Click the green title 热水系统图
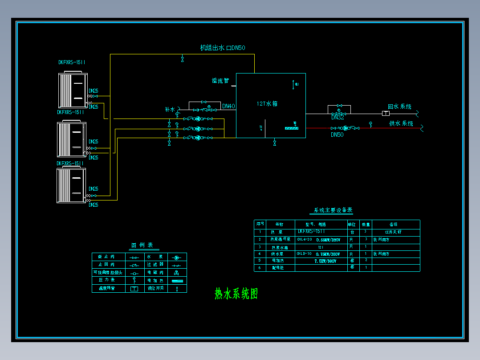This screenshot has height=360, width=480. click(x=236, y=294)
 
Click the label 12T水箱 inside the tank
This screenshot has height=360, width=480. click(x=267, y=103)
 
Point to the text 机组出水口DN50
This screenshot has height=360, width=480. click(x=223, y=48)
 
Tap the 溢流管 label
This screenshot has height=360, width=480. click(x=220, y=81)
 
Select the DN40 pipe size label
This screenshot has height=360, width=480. click(x=228, y=106)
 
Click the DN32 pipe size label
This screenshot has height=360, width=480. click(x=338, y=118)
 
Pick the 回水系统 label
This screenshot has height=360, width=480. click(x=399, y=107)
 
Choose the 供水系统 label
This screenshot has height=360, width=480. click(x=401, y=123)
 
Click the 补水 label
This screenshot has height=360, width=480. click(x=170, y=109)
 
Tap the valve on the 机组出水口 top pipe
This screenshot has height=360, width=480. click(x=183, y=59)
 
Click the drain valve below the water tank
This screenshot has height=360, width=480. click(x=274, y=143)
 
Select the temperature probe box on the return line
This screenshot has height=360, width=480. click(x=386, y=113)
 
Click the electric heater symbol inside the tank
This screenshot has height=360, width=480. click(x=291, y=128)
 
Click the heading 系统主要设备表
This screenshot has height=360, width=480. click(x=333, y=210)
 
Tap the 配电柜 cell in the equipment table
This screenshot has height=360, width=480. click(x=277, y=268)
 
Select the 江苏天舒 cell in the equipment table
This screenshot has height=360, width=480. click(x=393, y=232)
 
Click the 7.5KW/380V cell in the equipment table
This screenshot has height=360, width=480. click(x=325, y=261)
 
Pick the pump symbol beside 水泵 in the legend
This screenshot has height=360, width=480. click(x=176, y=258)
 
